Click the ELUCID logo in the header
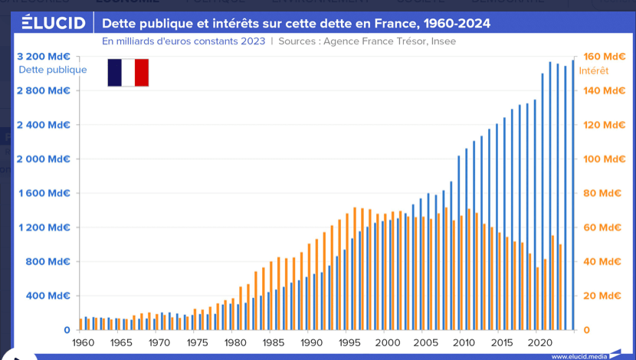[53, 23]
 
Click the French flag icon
[128, 72]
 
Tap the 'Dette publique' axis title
[52, 70]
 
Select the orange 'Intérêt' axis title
[594, 70]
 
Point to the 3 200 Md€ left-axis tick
[43, 56]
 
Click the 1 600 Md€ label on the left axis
[43, 193]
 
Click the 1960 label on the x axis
[84, 343]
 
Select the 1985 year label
[274, 343]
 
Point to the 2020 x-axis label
[539, 343]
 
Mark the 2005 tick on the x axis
[425, 343]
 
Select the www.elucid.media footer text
[578, 356]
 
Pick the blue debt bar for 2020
[543, 201]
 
